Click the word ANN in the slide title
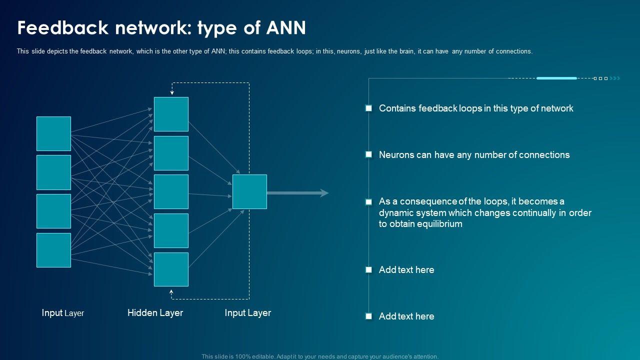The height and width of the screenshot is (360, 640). [286, 27]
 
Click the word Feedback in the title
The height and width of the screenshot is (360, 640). [63, 27]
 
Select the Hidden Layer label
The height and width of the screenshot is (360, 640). [155, 312]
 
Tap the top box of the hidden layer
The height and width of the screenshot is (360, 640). [171, 114]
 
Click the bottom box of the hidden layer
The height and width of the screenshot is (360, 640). [171, 269]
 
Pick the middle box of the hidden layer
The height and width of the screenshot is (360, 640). [171, 191]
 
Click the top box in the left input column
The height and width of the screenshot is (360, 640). [53, 133]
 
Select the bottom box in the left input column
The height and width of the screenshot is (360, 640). [53, 250]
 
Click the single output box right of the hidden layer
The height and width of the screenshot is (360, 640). [249, 191]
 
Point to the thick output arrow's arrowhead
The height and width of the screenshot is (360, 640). [324, 193]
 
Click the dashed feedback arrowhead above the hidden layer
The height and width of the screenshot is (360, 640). [172, 92]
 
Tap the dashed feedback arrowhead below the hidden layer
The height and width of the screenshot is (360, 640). [171, 292]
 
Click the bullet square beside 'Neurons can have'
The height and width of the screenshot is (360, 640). [368, 154]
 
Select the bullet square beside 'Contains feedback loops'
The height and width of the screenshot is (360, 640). [368, 108]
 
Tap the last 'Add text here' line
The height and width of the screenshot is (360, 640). [406, 316]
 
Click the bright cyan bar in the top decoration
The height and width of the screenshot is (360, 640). [556, 78]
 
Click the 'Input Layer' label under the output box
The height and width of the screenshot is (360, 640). [247, 313]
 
